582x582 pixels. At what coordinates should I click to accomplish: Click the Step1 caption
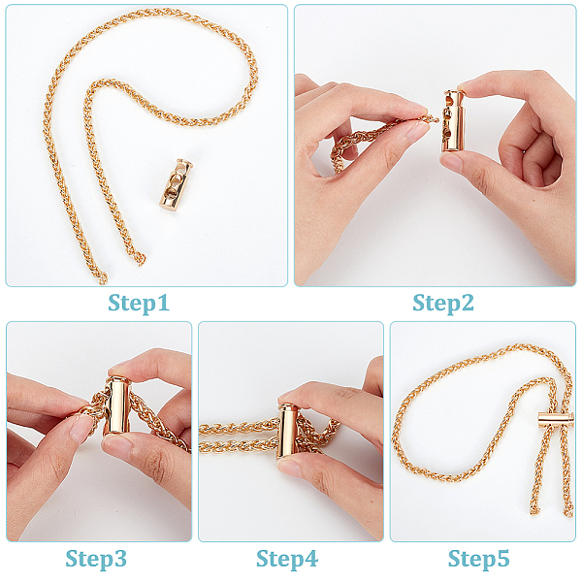click(x=139, y=304)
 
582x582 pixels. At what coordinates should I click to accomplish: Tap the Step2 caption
click(x=443, y=304)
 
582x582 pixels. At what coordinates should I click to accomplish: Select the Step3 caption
click(x=96, y=559)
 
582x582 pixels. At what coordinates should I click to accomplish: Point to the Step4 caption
click(x=287, y=559)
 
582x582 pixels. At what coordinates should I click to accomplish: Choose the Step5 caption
click(x=479, y=559)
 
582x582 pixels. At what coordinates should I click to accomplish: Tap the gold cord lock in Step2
click(x=453, y=121)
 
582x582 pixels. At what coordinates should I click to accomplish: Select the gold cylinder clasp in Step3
click(x=117, y=405)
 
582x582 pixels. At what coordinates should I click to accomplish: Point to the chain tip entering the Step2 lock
click(x=434, y=119)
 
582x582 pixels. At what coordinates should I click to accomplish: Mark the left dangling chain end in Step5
click(x=534, y=510)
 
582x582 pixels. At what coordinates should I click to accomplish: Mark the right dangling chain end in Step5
click(x=568, y=511)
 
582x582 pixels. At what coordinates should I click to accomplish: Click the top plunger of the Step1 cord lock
click(x=184, y=163)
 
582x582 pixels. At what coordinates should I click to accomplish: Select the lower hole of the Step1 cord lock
click(x=171, y=192)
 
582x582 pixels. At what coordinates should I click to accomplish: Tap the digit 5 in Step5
click(x=502, y=559)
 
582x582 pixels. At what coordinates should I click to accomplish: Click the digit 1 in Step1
click(x=163, y=303)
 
